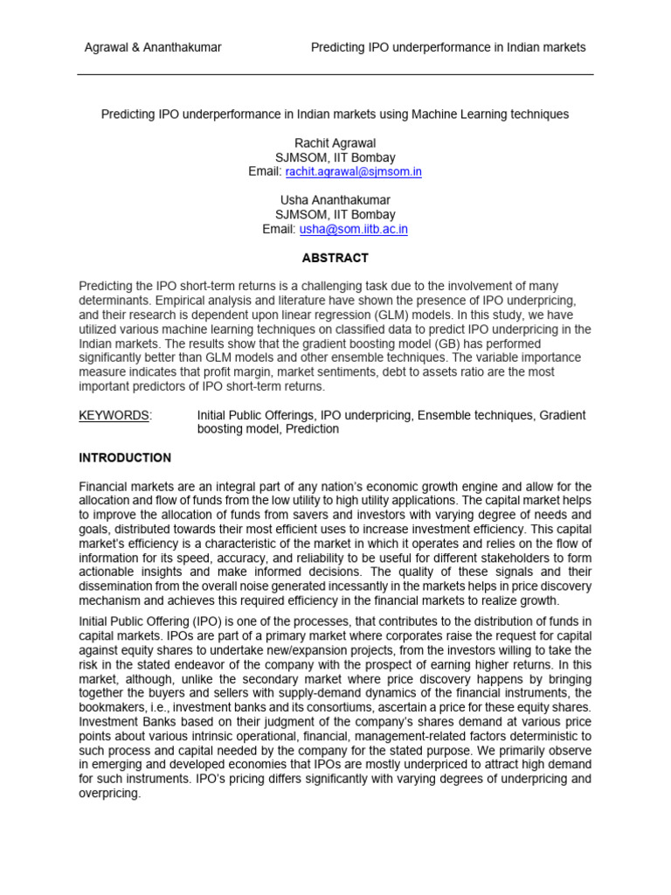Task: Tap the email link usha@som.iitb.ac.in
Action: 353,229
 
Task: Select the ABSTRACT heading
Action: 335,258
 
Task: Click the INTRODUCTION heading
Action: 125,458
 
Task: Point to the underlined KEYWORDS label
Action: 114,415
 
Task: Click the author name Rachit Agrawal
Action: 335,143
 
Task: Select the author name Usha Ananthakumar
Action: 335,200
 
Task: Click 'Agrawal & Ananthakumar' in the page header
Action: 152,47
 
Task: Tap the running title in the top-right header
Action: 448,47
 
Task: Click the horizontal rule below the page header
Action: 335,74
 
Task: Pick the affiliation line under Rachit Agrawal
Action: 335,157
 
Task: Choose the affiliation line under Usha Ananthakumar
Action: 335,214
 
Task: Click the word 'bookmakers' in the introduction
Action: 110,707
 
